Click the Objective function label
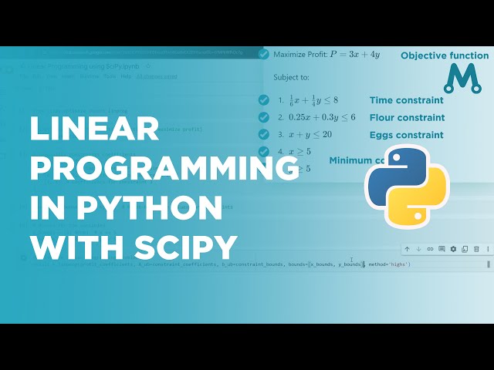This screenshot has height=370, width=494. click(445, 55)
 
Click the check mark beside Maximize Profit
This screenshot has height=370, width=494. click(264, 54)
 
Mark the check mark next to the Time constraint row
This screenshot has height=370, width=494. click(264, 100)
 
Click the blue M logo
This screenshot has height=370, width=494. click(462, 79)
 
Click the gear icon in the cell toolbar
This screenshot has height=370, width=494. click(453, 249)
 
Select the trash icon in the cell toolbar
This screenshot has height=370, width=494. click(476, 249)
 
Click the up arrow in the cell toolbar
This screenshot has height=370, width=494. click(407, 249)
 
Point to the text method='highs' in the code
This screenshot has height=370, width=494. click(389, 264)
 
